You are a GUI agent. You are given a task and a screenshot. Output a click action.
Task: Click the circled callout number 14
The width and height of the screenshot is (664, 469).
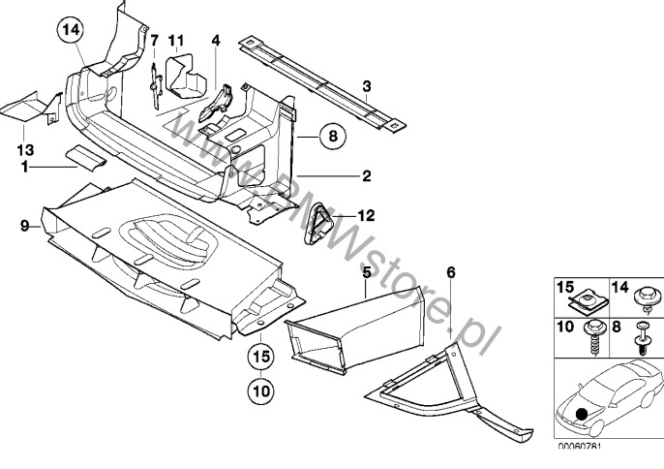[72, 30]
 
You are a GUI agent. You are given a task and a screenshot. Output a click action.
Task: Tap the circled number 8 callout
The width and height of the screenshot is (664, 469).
[333, 136]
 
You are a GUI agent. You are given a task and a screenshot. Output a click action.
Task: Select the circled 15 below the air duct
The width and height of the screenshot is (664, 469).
[261, 357]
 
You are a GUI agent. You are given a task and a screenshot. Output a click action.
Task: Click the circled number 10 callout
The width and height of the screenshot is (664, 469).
[261, 391]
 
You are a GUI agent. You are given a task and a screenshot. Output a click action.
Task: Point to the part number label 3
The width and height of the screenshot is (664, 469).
[367, 86]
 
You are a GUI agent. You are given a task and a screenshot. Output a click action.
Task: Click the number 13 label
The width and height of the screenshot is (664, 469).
[25, 149]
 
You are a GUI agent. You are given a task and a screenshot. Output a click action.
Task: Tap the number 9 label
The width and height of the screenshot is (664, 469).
[25, 226]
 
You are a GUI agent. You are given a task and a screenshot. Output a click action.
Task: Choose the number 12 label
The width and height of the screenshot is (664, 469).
[366, 215]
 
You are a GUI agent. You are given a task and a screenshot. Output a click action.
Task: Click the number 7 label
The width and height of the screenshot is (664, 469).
[154, 41]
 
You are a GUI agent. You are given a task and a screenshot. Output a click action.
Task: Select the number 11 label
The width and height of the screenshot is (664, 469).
[176, 41]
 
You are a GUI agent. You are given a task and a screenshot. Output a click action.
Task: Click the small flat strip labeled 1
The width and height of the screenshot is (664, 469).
[86, 157]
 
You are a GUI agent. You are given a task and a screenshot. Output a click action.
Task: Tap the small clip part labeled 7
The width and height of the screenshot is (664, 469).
[156, 85]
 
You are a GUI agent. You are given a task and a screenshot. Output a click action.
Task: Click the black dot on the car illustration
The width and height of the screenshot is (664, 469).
[582, 414]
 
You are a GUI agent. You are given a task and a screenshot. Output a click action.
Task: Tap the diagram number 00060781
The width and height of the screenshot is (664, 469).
[579, 446]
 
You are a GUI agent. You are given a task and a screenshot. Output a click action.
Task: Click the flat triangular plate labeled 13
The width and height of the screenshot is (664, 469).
[32, 108]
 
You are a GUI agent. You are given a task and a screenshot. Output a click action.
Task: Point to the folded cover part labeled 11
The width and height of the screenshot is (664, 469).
[186, 75]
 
